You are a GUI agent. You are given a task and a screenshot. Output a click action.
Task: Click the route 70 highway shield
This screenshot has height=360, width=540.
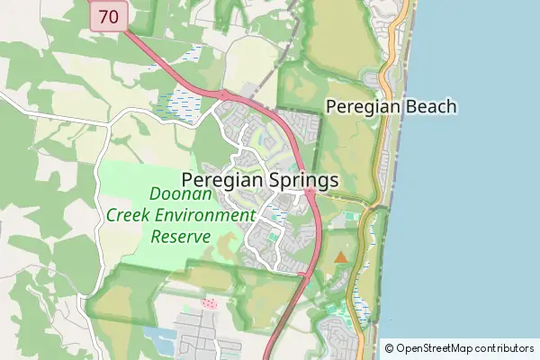108,15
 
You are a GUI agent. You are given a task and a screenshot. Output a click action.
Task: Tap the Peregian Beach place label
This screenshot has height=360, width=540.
391,107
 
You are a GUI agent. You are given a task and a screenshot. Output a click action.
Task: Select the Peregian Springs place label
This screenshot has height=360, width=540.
260,180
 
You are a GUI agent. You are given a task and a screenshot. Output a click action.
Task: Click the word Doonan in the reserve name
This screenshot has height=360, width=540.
180,194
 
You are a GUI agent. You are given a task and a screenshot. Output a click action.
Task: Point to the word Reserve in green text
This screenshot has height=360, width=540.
180,236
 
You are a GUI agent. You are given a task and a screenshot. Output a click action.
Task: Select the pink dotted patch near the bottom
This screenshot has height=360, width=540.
211,304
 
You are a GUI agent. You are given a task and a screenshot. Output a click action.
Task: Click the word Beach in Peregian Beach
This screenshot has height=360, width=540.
430,107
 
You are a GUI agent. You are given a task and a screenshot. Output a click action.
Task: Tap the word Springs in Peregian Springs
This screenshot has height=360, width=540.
302,180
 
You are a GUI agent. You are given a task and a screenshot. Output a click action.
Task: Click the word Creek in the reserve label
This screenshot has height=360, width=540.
128,215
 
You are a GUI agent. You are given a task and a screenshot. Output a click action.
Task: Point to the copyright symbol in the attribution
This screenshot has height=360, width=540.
390,348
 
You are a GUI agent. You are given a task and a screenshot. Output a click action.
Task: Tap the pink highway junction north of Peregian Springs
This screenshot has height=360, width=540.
220,94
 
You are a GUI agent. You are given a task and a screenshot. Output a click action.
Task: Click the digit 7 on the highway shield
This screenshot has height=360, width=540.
103,15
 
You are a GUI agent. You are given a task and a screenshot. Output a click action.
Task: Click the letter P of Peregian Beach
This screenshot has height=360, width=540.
331,107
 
